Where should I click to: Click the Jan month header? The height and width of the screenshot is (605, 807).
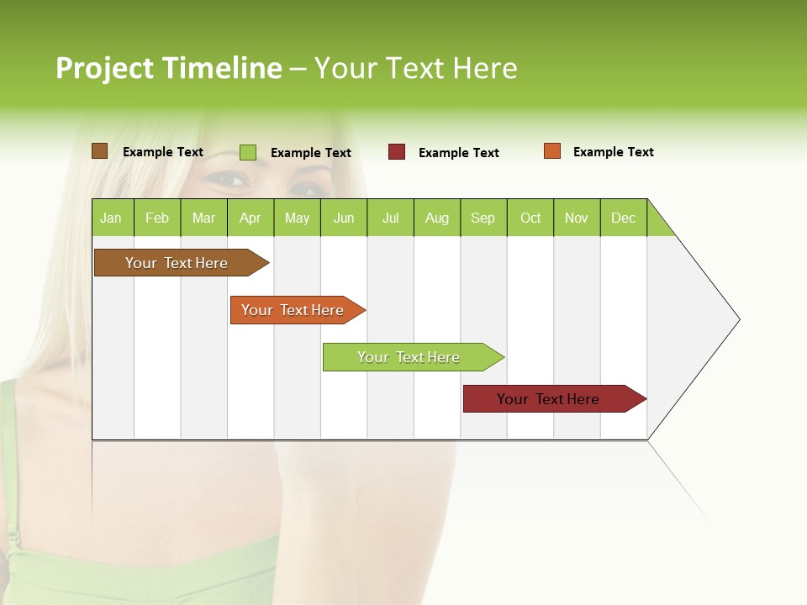coord(112,218)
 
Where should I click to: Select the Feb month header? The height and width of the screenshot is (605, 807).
coord(157,218)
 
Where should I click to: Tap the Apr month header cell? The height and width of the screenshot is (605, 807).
coord(251,218)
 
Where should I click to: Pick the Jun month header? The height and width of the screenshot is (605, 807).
coord(344,218)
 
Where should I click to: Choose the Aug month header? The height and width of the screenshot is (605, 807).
coord(437,218)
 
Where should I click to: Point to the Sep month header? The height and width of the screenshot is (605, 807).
coord(483,218)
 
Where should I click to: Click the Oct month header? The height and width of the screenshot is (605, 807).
coord(530,218)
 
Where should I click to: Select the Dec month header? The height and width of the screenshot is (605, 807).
coord(624,218)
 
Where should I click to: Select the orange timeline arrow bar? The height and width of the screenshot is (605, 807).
coord(294,310)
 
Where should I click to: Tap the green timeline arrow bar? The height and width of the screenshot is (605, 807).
coord(410,357)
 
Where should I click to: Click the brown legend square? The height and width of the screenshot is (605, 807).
coord(99,151)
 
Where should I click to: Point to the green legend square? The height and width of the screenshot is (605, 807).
coord(248,152)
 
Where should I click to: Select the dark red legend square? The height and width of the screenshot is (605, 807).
coord(397,152)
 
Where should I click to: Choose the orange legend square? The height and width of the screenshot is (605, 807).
coord(552,151)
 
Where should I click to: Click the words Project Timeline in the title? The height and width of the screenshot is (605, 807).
coord(169,68)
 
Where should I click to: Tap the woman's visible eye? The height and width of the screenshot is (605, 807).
coord(229,178)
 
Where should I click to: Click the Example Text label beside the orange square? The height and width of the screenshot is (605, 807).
coord(613,152)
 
